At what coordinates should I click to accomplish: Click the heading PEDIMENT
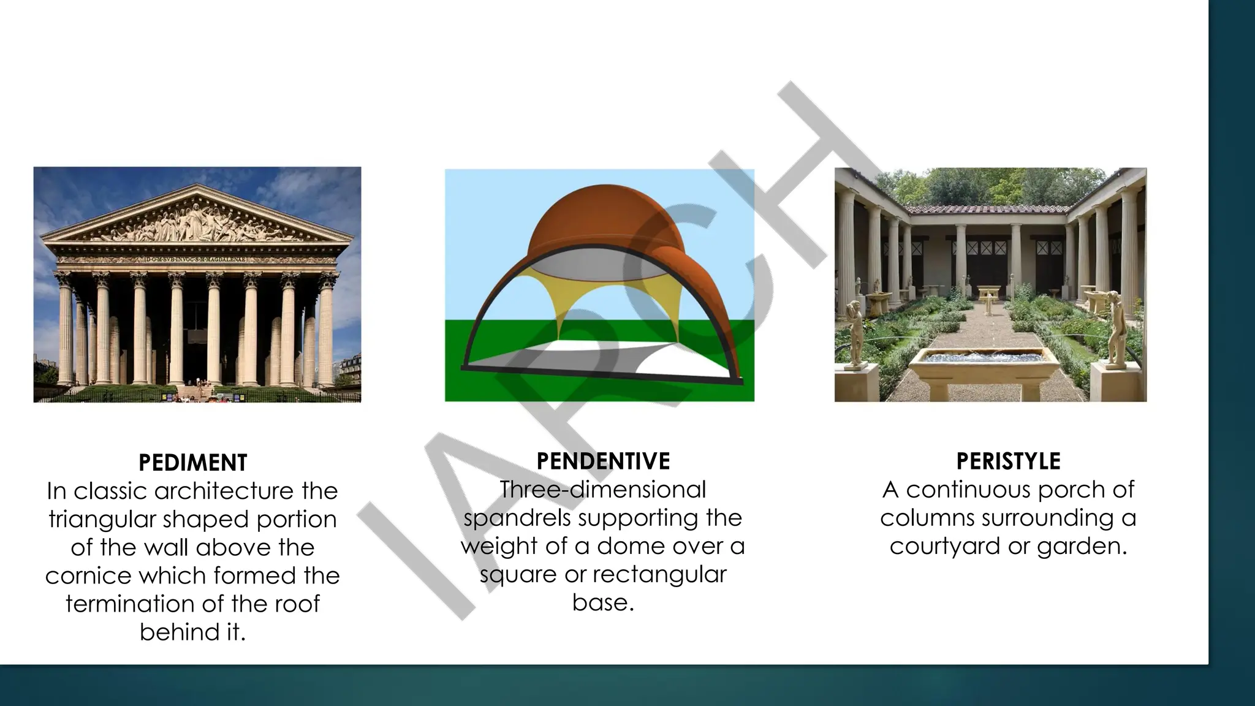coord(192,463)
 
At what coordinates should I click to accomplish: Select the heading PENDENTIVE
coord(603,461)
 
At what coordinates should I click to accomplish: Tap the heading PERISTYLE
coord(1008,461)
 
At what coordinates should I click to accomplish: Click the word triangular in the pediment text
coord(102,519)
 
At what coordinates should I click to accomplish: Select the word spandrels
coord(517,518)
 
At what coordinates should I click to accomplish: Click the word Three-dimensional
coord(603,490)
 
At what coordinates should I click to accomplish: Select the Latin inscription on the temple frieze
coord(195,259)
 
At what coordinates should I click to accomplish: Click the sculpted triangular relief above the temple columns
coord(195,227)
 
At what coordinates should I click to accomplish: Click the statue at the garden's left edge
coord(853,331)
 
